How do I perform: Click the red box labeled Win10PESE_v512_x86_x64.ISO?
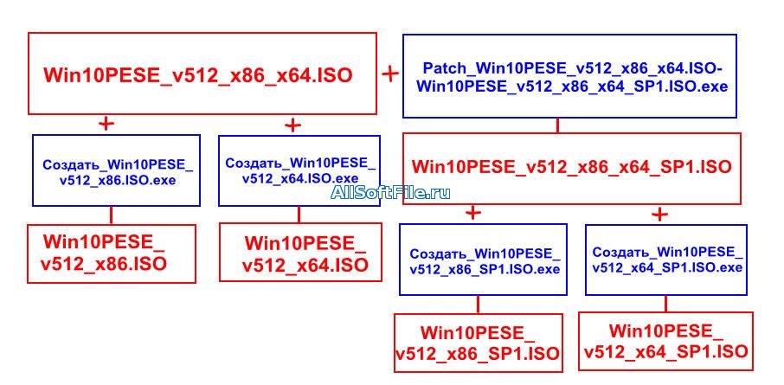[202, 74]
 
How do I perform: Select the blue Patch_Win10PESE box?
[570, 76]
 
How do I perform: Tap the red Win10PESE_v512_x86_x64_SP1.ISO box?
[571, 169]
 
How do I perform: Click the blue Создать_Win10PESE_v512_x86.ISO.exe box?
[117, 170]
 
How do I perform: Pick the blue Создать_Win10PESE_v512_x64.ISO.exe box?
[299, 170]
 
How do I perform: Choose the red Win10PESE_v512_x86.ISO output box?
[111, 254]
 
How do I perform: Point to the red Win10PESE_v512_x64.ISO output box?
[300, 252]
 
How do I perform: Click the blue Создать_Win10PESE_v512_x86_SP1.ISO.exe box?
[483, 260]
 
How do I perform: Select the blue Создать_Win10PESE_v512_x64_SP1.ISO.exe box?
[666, 260]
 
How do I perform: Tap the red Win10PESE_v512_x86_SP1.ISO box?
[478, 343]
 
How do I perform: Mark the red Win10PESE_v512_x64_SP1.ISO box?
[665, 341]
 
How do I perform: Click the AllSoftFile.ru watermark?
[390, 192]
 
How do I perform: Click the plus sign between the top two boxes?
[390, 74]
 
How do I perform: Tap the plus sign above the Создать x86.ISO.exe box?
[106, 124]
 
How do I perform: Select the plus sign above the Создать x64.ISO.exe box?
[292, 125]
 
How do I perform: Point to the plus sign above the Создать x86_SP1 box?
[473, 213]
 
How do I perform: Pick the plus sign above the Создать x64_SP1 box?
[659, 215]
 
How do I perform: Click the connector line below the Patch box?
[557, 125]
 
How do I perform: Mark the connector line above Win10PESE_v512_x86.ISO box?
[111, 215]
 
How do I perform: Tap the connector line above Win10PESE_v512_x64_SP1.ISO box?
[665, 304]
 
